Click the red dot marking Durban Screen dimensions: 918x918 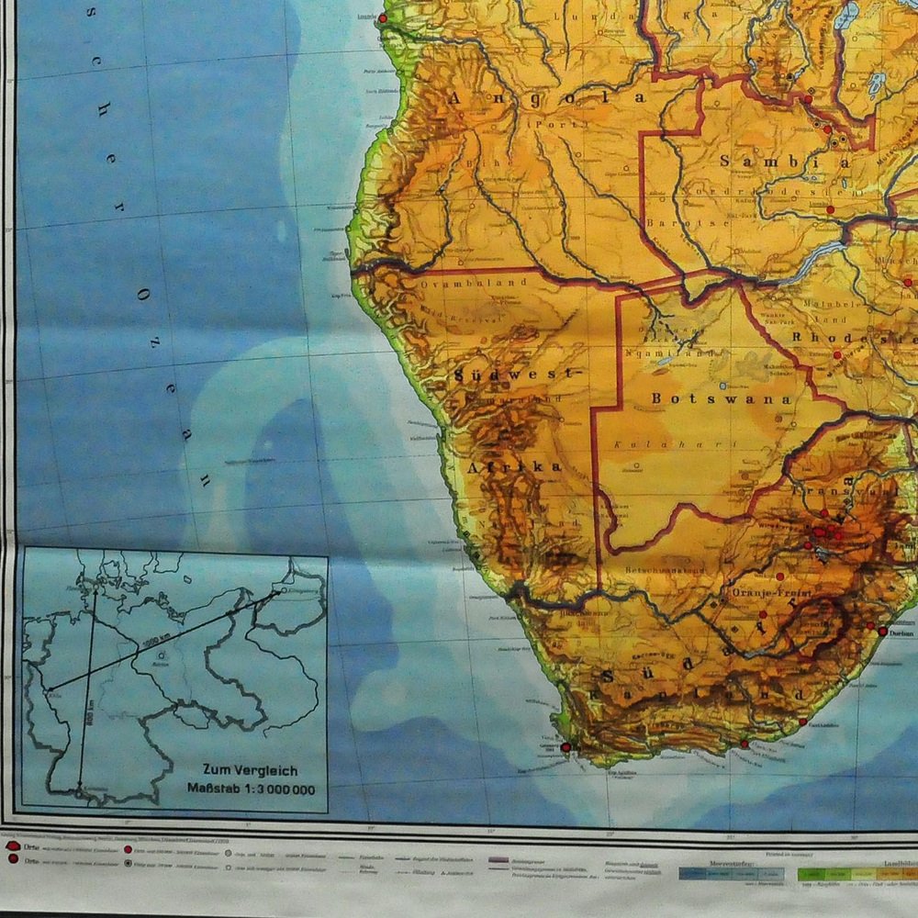[882, 632]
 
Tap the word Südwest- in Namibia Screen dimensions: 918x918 [520, 375]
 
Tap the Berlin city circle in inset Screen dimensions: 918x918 [162, 655]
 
